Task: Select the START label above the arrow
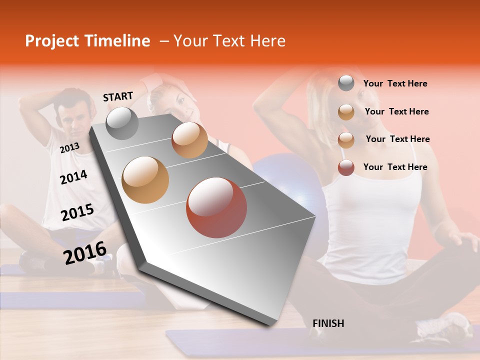(x=118, y=96)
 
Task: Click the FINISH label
(x=328, y=323)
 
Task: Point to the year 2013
(x=69, y=147)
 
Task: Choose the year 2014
(x=73, y=177)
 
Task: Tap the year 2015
(x=77, y=212)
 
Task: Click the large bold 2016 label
(x=84, y=252)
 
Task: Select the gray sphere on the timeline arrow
(x=122, y=123)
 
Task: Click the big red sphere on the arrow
(x=216, y=207)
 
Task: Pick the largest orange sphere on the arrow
(x=145, y=179)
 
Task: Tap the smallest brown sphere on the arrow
(x=189, y=140)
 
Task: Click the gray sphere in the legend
(x=346, y=83)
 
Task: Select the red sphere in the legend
(x=346, y=167)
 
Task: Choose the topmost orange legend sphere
(x=346, y=112)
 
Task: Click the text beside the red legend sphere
(x=395, y=167)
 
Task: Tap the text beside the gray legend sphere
(x=395, y=83)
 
